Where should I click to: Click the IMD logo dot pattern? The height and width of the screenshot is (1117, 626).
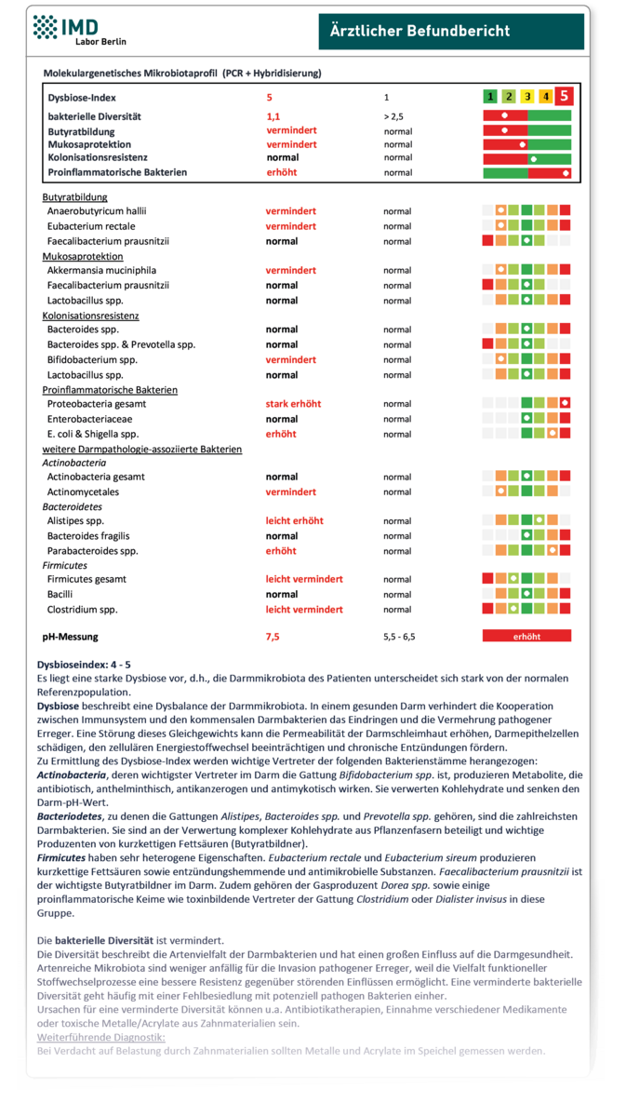tap(45, 28)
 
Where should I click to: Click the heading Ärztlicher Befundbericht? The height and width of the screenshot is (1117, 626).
tap(420, 32)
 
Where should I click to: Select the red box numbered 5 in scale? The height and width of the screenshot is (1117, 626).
tap(564, 96)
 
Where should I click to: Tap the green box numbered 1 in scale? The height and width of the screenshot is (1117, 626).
tap(489, 96)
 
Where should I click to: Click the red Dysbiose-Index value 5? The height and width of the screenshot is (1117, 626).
tap(270, 97)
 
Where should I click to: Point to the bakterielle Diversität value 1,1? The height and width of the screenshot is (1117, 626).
tap(273, 117)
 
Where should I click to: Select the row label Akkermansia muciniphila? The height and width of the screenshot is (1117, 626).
tap(103, 271)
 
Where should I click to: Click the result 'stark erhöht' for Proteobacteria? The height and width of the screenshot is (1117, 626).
tap(293, 404)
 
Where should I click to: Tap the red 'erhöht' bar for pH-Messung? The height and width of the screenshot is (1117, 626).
tap(526, 637)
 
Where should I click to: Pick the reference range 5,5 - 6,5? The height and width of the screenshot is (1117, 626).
tap(401, 637)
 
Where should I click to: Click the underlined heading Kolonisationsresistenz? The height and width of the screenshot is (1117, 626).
tap(91, 316)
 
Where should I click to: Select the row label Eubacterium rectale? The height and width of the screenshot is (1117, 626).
tap(91, 226)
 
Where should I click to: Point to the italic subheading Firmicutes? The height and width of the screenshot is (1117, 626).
tap(65, 565)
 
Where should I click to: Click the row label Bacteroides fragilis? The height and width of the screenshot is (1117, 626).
tap(88, 536)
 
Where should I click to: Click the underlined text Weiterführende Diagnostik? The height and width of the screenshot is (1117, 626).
tap(100, 1036)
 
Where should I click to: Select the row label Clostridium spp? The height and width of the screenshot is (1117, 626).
tap(85, 609)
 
